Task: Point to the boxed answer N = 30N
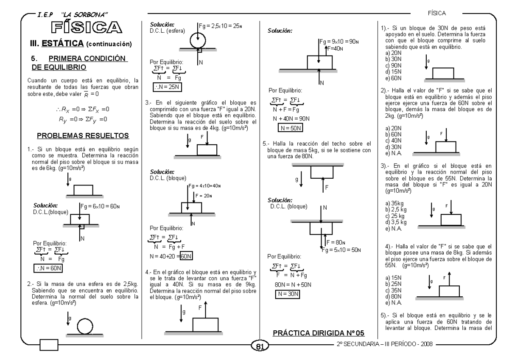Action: pyautogui.click(x=287, y=293)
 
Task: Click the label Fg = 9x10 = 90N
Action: pyautogui.click(x=337, y=43)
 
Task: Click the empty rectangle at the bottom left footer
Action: pyautogui.click(x=49, y=345)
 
